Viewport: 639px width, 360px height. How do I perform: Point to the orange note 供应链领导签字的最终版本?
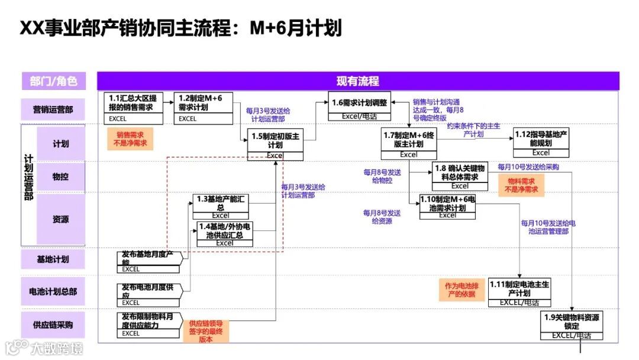[205, 332]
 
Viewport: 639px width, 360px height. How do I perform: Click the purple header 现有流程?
[358, 81]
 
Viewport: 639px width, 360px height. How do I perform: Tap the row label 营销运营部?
[53, 108]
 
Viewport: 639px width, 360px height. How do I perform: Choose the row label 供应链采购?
[53, 324]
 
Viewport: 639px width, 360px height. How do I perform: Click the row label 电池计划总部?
[53, 291]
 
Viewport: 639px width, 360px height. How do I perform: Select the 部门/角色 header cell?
[53, 81]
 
